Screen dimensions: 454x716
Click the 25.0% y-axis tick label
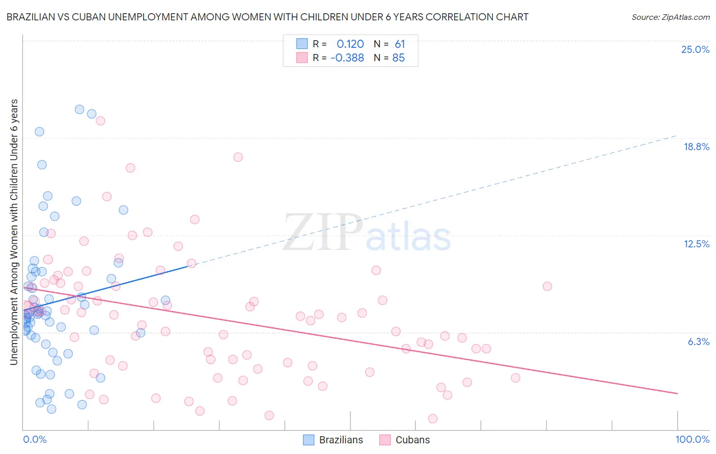(695, 49)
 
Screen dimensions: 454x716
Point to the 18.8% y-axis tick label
(696, 147)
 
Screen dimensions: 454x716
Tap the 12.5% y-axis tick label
(696, 244)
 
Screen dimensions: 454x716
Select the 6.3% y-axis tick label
(698, 342)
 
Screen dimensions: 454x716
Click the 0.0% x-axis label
(35, 439)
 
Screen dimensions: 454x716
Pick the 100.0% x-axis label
(692, 439)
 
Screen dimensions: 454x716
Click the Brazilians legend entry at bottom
(333, 440)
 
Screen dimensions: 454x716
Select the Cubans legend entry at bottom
(405, 440)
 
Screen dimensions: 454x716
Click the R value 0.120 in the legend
(350, 44)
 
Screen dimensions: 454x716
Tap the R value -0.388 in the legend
(347, 58)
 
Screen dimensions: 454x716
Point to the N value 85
(398, 58)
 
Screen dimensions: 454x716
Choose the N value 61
(400, 44)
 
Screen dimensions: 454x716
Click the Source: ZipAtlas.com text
(670, 17)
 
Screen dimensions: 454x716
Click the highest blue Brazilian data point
(79, 109)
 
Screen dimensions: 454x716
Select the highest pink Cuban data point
(100, 121)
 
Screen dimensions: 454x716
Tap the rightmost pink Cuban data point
(547, 286)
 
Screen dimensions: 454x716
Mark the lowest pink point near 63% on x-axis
(433, 418)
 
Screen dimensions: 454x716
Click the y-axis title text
(14, 232)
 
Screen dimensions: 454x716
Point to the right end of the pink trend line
(677, 393)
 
